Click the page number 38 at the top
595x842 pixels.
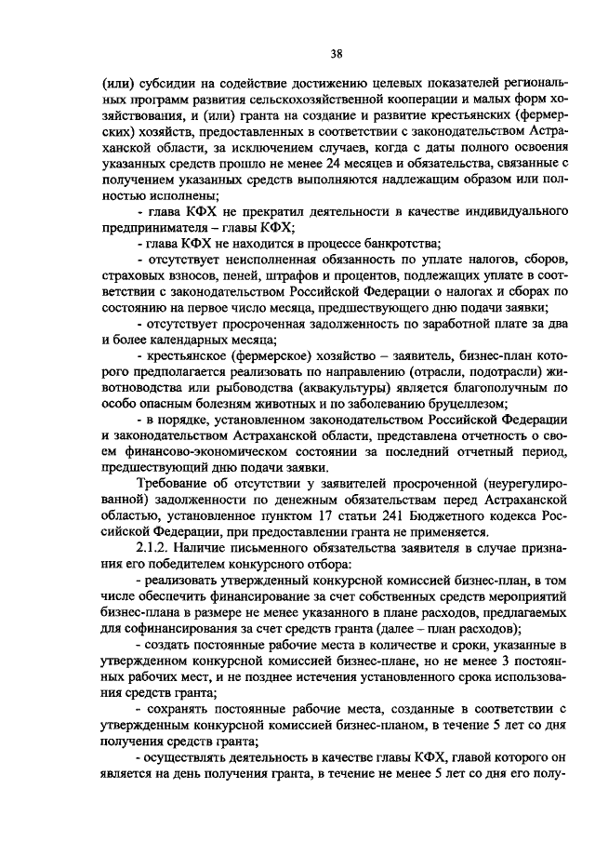[x=297, y=54]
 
